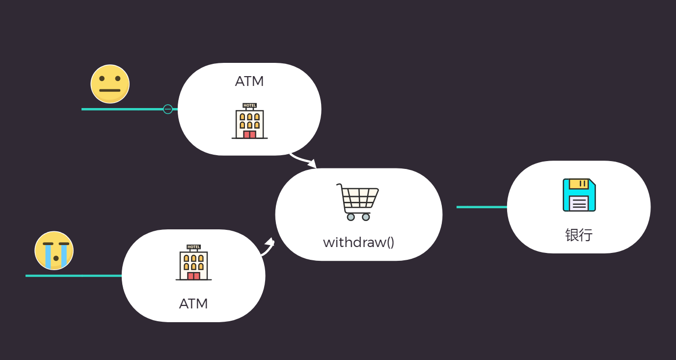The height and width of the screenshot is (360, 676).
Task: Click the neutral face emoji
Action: point(110,84)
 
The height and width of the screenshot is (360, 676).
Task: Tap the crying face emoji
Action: point(54,250)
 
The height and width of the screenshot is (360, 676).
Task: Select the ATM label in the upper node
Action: point(249,82)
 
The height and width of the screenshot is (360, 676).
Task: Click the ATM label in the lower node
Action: point(193,304)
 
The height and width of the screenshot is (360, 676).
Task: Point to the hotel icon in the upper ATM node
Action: point(249,121)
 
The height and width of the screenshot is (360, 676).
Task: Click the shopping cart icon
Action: point(358,202)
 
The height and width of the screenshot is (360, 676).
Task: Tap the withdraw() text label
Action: point(358,242)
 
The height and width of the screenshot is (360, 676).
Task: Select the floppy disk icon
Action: point(579,195)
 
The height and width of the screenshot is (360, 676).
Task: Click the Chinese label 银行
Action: point(579,235)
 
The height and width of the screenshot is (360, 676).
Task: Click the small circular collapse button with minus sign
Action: point(168,109)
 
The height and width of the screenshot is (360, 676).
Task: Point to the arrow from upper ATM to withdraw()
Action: point(303,160)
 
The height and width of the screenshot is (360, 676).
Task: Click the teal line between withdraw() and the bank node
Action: point(482,207)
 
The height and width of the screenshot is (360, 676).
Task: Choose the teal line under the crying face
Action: point(74,276)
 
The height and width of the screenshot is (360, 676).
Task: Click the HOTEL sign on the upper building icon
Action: point(249,105)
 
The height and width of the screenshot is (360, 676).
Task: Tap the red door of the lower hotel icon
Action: point(193,276)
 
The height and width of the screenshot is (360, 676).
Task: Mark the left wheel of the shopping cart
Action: point(351,217)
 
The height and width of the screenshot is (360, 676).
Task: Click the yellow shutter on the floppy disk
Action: point(579,184)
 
